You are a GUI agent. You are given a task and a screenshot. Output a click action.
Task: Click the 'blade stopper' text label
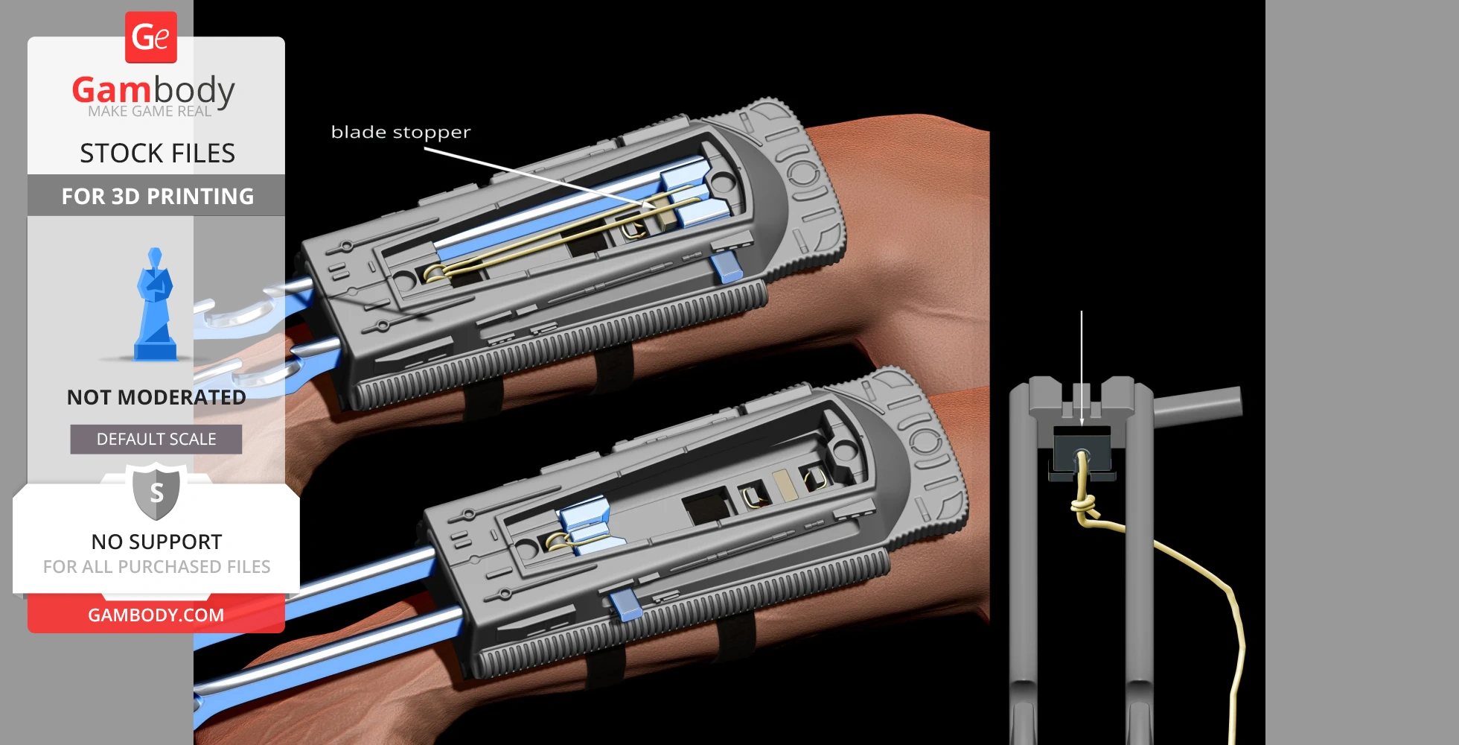pos(400,133)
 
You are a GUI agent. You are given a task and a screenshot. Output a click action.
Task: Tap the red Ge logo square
pos(151,37)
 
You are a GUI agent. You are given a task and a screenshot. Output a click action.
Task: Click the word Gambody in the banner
pos(153,90)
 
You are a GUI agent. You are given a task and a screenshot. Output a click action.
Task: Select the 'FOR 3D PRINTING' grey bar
pos(156,196)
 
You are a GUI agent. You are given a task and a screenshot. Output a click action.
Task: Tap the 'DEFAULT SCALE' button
pos(156,440)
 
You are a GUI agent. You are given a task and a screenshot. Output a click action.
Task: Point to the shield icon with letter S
pos(156,492)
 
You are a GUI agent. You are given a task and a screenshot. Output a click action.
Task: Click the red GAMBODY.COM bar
pos(156,615)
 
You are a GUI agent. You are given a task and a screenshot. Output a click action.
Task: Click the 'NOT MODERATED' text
pos(156,397)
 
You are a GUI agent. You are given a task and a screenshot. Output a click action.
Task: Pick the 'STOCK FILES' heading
pos(157,153)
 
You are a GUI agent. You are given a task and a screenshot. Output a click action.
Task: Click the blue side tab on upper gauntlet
pos(727,267)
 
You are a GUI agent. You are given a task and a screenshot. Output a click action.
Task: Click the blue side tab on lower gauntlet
pos(625,606)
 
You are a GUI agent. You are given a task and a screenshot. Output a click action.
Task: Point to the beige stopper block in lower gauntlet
pos(782,485)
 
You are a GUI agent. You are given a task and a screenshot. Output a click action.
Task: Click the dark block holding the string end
pos(1082,449)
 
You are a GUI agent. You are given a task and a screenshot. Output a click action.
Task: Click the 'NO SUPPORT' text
pos(156,542)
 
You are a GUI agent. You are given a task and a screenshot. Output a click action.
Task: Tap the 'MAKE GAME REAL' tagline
pos(150,112)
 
